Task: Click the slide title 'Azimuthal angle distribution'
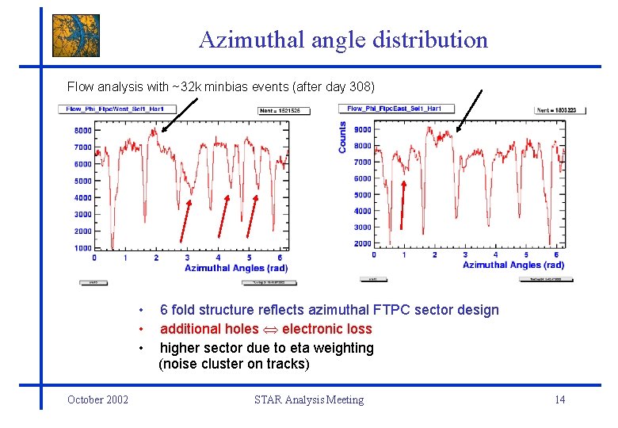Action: tap(343, 40)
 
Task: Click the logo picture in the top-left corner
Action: tap(76, 36)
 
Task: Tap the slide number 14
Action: tap(559, 399)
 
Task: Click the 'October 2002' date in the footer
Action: tap(97, 399)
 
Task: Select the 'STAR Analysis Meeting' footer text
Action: tap(309, 399)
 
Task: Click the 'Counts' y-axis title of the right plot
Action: tap(342, 137)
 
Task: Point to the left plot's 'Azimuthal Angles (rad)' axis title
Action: tap(236, 268)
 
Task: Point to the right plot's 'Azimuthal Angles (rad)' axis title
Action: tap(513, 264)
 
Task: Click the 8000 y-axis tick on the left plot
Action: tap(82, 130)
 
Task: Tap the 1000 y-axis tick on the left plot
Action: tap(82, 248)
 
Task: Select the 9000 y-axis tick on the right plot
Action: tap(362, 129)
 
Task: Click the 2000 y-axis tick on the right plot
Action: tap(362, 243)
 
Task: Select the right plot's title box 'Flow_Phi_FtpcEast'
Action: tap(396, 109)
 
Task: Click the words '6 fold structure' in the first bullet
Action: tap(205, 310)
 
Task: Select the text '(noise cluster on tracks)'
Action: tap(234, 365)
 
